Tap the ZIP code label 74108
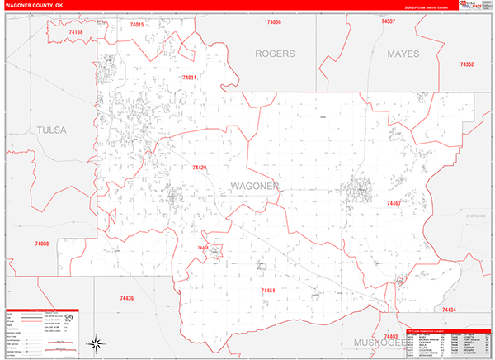[x=76, y=32]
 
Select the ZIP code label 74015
[x=137, y=25]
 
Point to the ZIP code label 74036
[x=274, y=22]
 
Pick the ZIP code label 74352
[x=467, y=64]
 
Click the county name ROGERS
[x=274, y=54]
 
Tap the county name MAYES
[x=403, y=54]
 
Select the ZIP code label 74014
[x=189, y=78]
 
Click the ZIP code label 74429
[x=199, y=168]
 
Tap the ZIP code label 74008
[x=42, y=244]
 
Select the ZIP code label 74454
[x=268, y=291]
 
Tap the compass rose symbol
[x=96, y=342]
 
